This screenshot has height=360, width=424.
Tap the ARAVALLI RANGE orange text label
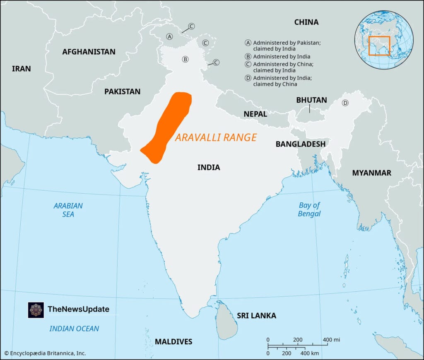216,138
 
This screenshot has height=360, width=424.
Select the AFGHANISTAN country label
89,52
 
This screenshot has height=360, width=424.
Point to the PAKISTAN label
122,91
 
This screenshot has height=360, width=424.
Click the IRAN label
21,69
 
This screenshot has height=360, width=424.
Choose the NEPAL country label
255,114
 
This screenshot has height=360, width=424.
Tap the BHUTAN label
311,100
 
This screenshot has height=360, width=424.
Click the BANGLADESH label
300,144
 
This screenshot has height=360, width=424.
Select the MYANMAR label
371,173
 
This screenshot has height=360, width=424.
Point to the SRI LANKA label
256,316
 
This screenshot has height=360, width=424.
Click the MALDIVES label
173,341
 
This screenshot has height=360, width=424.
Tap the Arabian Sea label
68,210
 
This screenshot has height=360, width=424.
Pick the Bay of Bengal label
309,209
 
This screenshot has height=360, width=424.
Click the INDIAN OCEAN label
74,329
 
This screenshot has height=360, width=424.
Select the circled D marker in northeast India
345,103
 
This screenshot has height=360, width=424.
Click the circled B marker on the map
185,59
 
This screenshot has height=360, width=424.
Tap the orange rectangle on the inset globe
379,46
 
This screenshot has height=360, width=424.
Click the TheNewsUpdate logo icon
36,310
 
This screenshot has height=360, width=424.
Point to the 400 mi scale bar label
331,340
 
